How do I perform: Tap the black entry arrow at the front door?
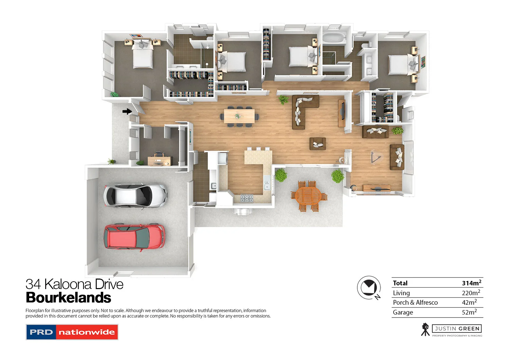[x=127, y=111]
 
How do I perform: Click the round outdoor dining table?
[x=308, y=196]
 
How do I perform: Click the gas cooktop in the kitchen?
[x=247, y=198]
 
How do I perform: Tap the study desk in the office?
[x=160, y=159]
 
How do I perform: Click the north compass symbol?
[x=369, y=288]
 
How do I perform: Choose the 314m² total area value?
[x=471, y=283]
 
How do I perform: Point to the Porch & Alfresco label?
[x=415, y=302]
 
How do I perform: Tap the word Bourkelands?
[x=69, y=298]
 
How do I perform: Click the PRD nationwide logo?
[x=72, y=332]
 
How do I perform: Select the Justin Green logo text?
[x=457, y=328]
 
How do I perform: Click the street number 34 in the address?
[x=33, y=284]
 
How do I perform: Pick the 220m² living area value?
[x=471, y=293]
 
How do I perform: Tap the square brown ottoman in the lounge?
[x=318, y=144]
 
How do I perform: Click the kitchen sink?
[x=213, y=186]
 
